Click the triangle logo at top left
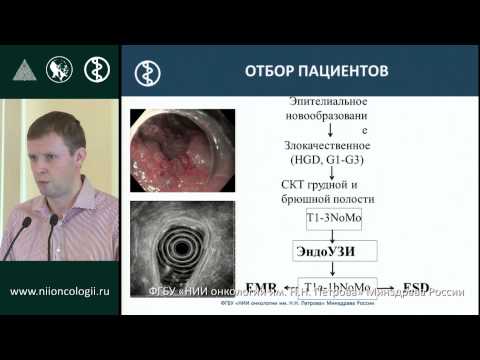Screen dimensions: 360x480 [x=22, y=70]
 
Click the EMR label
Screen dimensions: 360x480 [x=258, y=285]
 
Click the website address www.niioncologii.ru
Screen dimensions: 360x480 [x=59, y=292]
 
